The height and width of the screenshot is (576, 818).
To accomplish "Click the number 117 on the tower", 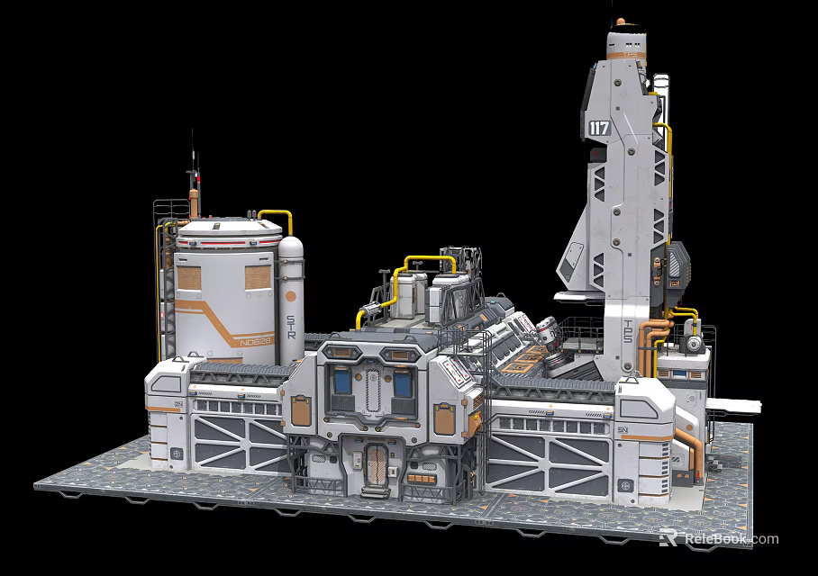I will click(599, 129).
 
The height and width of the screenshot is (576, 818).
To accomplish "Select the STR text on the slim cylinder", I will click(290, 326).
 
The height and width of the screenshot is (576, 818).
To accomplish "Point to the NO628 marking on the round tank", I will click(250, 342).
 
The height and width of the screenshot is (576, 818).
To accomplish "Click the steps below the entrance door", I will click(371, 491).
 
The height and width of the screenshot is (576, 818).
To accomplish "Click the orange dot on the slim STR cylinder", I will click(290, 294).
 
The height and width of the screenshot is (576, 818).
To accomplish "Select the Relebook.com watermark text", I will click(730, 539).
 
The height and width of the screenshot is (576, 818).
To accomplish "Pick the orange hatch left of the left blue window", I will click(299, 409).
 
